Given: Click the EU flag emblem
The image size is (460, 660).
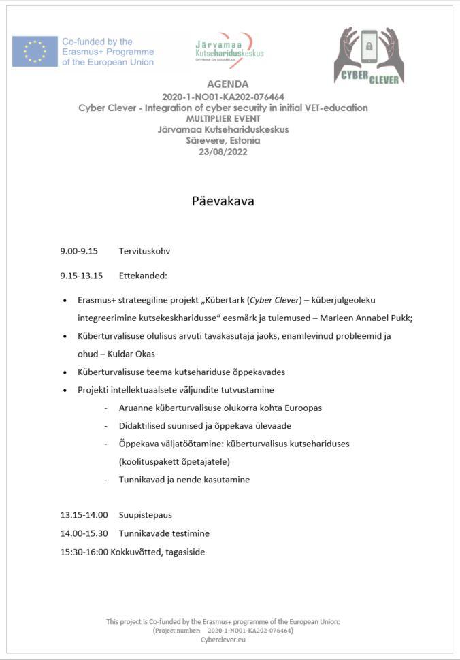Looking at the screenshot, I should coord(35,52).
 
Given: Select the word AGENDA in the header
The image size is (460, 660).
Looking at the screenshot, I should coord(223,84).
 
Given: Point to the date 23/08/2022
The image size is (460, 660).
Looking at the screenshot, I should coord(223,152).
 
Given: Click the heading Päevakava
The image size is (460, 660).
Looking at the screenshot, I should coord(223,201).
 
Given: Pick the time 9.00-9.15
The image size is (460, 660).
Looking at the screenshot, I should coord(79,251).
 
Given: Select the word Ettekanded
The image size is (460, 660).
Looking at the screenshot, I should coord(143,276).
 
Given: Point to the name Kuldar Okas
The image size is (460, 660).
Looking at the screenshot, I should coord(131,354).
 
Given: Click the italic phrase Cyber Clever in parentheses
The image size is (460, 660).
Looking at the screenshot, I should coord(275,300).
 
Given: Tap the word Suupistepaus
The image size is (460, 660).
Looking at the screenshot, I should coord(146,516).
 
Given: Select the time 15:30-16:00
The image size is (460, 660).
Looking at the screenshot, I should coord(84,552).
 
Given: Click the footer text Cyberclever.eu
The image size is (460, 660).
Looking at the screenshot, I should coord(223,640).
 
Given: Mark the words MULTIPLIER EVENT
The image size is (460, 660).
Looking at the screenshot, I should coord(223,118).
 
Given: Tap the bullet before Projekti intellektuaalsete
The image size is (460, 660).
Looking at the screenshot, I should coord(65,390).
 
